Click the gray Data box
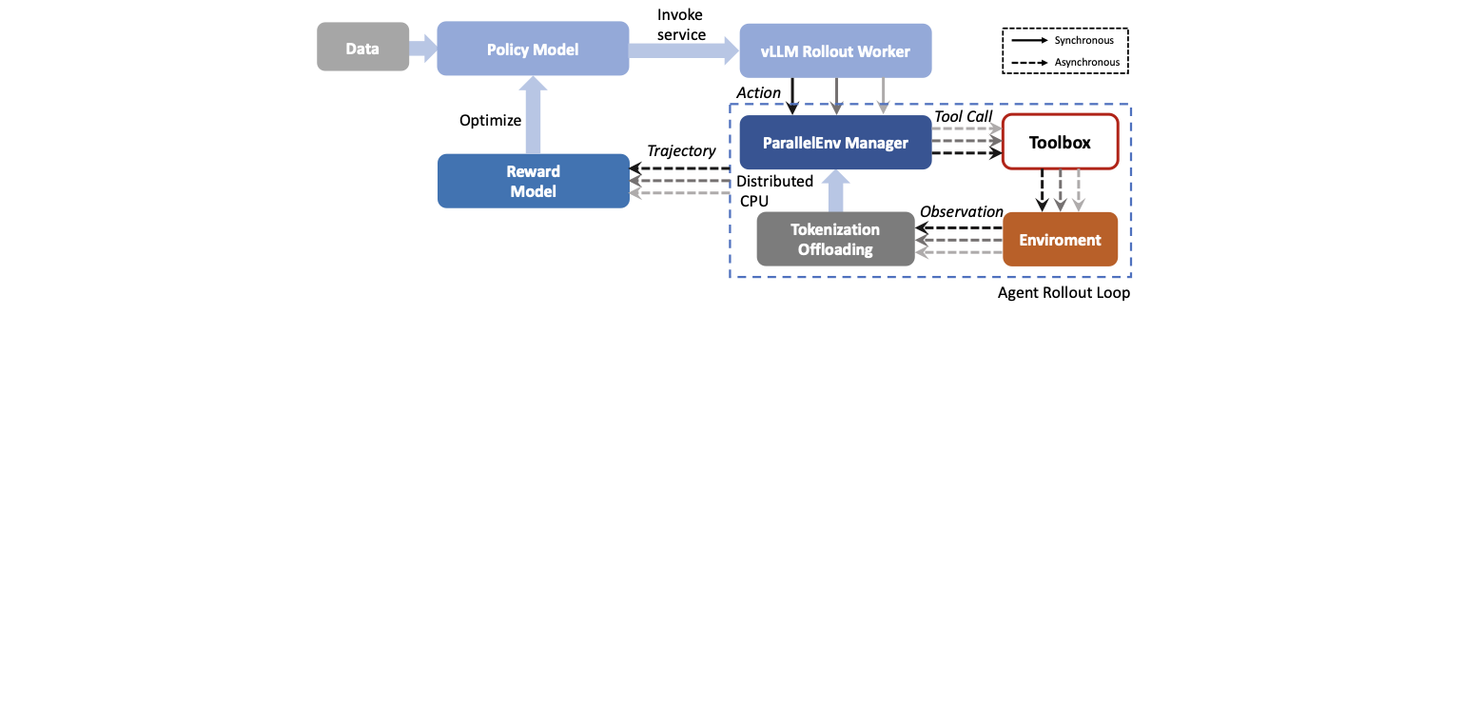click(362, 48)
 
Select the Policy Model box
click(533, 49)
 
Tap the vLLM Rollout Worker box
click(835, 51)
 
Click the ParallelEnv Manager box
click(835, 143)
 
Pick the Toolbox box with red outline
click(1060, 143)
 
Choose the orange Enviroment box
click(1060, 240)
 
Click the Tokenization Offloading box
click(835, 240)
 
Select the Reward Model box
click(533, 181)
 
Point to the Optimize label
click(490, 120)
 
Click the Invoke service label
click(681, 25)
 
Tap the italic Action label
click(758, 92)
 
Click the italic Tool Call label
click(963, 116)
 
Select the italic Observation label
click(961, 211)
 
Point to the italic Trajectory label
click(681, 150)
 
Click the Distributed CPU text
click(774, 190)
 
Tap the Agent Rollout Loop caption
click(1063, 293)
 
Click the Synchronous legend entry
click(1083, 41)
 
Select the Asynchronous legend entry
click(1085, 63)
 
